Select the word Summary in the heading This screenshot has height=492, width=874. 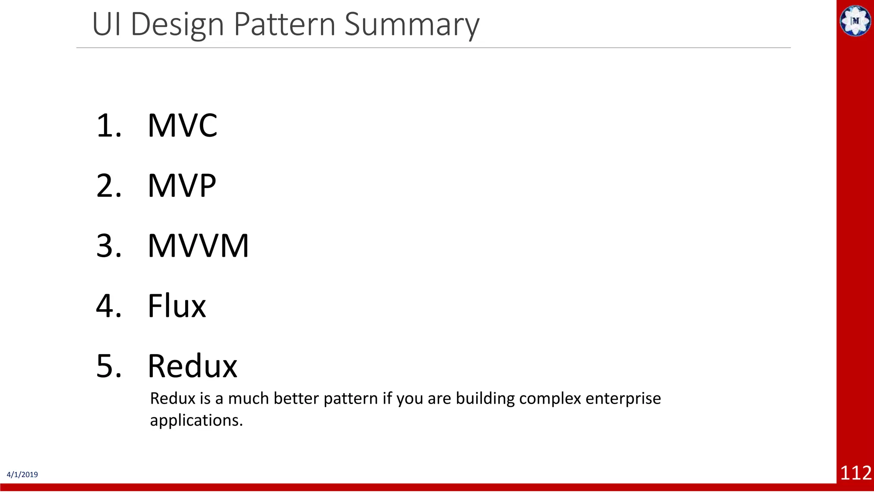click(x=412, y=25)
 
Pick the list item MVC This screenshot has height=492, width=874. click(x=182, y=126)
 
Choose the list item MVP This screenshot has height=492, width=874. click(x=182, y=186)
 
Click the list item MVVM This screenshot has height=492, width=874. click(x=198, y=246)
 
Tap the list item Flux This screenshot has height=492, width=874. click(x=177, y=306)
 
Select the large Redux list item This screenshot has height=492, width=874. click(x=192, y=366)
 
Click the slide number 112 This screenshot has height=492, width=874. click(x=856, y=473)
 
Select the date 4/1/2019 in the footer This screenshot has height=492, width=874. click(x=22, y=474)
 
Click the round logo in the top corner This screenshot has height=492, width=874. click(x=855, y=20)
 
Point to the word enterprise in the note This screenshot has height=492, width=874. click(x=623, y=398)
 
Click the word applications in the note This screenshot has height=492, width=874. click(x=196, y=421)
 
